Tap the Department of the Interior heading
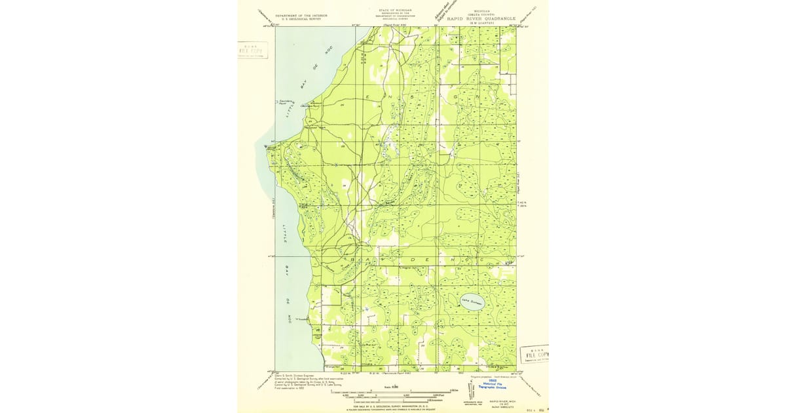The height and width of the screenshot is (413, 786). tap(302, 15)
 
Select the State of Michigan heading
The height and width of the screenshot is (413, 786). tap(395, 11)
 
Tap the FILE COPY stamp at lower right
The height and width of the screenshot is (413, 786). tap(534, 354)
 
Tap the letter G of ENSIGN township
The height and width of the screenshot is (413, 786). tap(456, 96)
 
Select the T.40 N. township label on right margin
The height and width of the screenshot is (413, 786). tap(522, 202)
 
